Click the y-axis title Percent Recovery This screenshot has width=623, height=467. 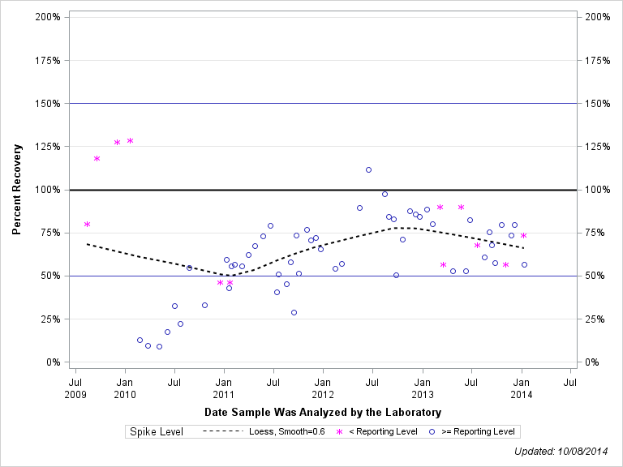point(16,189)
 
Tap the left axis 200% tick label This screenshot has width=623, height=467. point(46,17)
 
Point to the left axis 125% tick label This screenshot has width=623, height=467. point(46,147)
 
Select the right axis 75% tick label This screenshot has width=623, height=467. point(598,233)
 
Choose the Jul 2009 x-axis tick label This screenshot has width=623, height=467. point(75,388)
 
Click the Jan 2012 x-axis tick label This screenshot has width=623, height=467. point(323,388)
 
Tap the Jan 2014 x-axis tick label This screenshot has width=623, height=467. point(522,388)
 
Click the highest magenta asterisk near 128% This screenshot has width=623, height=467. point(130,141)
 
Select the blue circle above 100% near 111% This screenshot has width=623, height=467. point(368,169)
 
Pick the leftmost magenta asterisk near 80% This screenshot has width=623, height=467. point(87,224)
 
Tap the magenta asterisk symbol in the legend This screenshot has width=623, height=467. point(339,431)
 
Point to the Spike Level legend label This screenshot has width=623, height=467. point(157,431)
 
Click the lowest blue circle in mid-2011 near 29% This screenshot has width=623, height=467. point(294,312)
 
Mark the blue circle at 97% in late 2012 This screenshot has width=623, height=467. point(385,194)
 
